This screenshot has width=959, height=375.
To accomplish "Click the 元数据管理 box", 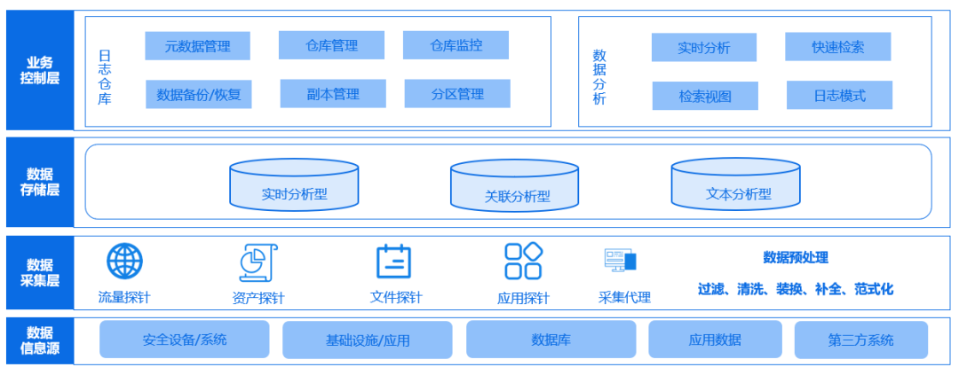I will [x=197, y=46].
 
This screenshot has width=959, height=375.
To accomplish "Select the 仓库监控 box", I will [x=456, y=45].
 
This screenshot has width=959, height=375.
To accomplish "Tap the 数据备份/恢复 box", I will [x=198, y=94].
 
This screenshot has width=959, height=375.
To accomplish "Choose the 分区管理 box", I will [x=457, y=94].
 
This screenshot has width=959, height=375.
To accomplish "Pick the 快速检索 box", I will [x=837, y=47].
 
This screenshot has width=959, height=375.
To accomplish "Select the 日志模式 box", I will [x=839, y=96].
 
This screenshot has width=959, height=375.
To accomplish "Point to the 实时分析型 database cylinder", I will [x=294, y=185].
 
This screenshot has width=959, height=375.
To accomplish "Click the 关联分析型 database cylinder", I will [x=514, y=187].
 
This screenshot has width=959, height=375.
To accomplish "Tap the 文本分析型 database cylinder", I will [x=735, y=185].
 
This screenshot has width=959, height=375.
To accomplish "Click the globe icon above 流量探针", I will [x=125, y=262].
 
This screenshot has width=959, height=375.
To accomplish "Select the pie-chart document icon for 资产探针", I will [x=258, y=262].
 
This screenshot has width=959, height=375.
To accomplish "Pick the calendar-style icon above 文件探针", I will [x=393, y=262].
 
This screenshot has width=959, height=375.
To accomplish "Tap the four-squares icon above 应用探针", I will [x=523, y=262].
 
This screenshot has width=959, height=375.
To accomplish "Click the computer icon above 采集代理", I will [x=621, y=260].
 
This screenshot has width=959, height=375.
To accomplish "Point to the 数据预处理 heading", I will [x=796, y=258].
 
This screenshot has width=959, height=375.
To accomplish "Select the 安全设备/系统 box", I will [x=184, y=340].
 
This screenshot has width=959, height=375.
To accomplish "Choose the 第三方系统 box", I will [x=860, y=340].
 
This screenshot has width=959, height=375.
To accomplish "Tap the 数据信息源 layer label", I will [x=40, y=340].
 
